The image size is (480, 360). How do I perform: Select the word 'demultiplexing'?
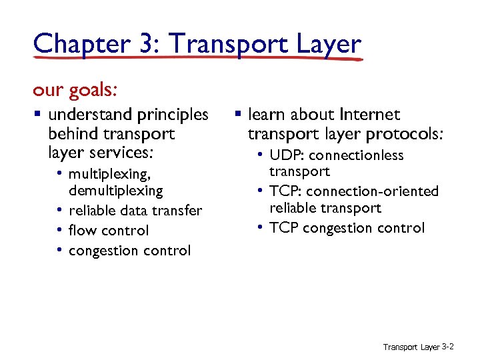click(x=115, y=191)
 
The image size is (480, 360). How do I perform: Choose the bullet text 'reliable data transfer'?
click(x=135, y=211)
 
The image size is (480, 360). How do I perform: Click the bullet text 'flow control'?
click(x=108, y=231)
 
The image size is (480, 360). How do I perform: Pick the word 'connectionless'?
click(x=357, y=155)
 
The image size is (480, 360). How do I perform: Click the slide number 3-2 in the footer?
click(x=448, y=347)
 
